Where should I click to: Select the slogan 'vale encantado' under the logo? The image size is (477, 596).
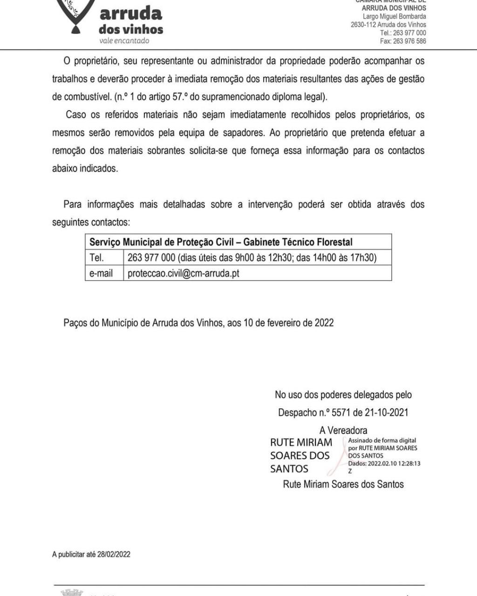tap(124, 41)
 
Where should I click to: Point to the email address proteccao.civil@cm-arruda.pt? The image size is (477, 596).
tap(184, 273)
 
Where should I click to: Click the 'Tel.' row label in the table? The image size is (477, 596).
tap(96, 257)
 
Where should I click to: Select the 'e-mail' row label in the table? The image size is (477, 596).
tap(101, 273)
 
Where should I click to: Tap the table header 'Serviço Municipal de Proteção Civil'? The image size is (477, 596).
tap(163, 242)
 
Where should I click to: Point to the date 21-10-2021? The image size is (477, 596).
tap(386, 413)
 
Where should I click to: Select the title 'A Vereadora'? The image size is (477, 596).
tap(343, 430)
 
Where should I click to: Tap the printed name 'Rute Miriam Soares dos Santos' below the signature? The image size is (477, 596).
tap(343, 484)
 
